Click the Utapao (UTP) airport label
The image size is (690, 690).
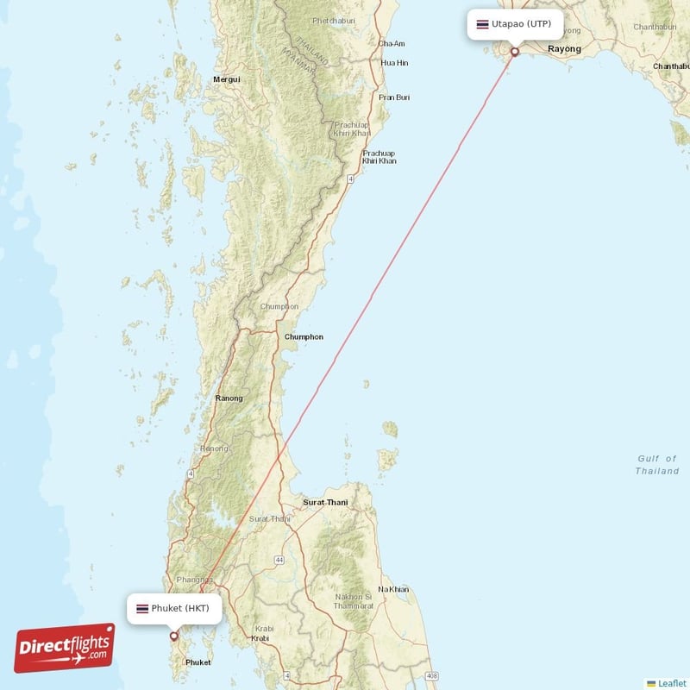pyautogui.click(x=515, y=24)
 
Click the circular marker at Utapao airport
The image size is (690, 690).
pyautogui.click(x=515, y=52)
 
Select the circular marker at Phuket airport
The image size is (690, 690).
pyautogui.click(x=174, y=637)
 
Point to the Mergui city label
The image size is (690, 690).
pyautogui.click(x=226, y=79)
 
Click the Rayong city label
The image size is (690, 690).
pyautogui.click(x=564, y=49)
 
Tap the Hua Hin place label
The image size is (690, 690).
pyautogui.click(x=395, y=63)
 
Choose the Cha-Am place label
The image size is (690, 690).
pyautogui.click(x=392, y=43)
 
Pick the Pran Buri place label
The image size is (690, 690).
pyautogui.click(x=394, y=97)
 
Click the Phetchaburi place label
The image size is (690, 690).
pyautogui.click(x=334, y=21)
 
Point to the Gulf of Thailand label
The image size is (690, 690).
pyautogui.click(x=657, y=465)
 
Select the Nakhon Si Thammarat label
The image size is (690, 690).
pyautogui.click(x=354, y=601)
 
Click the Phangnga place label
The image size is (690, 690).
pyautogui.click(x=189, y=580)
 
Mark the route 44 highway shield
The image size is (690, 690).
pyautogui.click(x=280, y=561)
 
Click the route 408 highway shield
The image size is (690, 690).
pyautogui.click(x=431, y=676)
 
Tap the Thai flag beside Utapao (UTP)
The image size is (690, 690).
pyautogui.click(x=482, y=24)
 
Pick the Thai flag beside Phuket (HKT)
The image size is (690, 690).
pyautogui.click(x=142, y=609)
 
